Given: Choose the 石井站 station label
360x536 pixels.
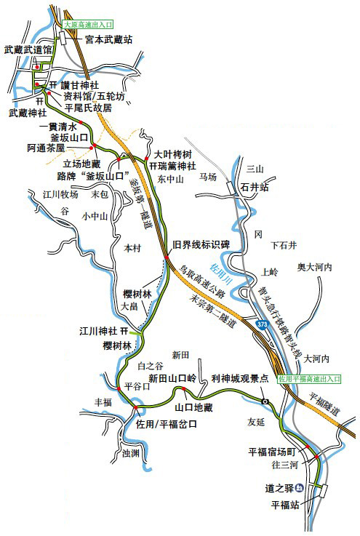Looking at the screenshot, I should (255, 187).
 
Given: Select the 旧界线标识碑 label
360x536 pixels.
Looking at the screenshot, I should (200, 244).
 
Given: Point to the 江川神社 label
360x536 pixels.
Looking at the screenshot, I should (99, 332).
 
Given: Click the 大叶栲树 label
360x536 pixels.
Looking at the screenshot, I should (173, 154).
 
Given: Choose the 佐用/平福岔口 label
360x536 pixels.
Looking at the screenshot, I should (167, 424).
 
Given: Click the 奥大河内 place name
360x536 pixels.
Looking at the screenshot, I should (314, 268).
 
